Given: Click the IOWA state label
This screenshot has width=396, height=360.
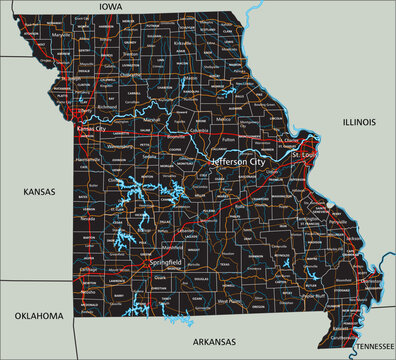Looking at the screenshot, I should pyautogui.click(x=110, y=7).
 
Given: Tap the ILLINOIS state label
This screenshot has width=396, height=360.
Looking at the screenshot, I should pyautogui.click(x=358, y=122).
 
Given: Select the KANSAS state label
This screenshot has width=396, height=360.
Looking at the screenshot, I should pyautogui.click(x=39, y=190).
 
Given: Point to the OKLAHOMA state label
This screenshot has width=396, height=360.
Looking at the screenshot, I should pyautogui.click(x=39, y=316).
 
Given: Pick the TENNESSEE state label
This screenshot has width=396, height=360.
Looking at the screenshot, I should pyautogui.click(x=373, y=344).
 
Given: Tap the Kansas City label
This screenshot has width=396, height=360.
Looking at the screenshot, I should pyautogui.click(x=97, y=129).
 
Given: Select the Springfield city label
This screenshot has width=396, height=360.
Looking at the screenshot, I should pyautogui.click(x=165, y=263).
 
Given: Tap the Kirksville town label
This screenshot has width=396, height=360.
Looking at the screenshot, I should pyautogui.click(x=182, y=44).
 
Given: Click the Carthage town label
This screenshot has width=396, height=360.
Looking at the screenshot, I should pyautogui.click(x=90, y=269).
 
